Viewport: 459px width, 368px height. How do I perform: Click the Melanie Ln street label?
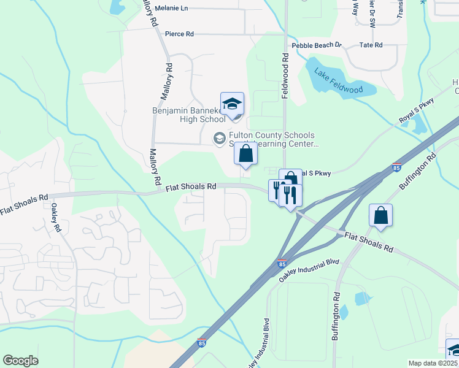point(171,8)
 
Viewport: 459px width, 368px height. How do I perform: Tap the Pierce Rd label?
point(179,34)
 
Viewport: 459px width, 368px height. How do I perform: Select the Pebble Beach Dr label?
point(316,45)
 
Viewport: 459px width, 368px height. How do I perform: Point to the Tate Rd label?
point(371,45)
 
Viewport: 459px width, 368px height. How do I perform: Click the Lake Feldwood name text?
point(338,82)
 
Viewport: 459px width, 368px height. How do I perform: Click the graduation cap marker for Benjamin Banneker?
point(233,105)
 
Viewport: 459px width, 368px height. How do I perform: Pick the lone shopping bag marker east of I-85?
point(381,216)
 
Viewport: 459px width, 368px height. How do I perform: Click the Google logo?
point(20,361)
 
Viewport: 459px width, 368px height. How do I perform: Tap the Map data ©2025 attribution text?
point(433,363)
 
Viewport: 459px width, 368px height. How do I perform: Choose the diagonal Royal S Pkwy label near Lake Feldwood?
point(416,111)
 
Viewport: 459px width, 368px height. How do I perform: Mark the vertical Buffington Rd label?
point(336,316)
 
